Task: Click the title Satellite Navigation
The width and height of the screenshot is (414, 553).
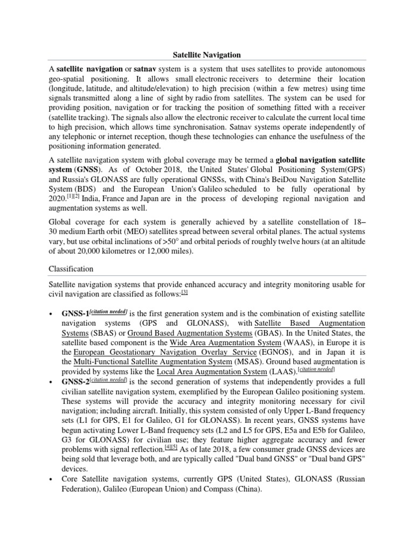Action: click(206, 55)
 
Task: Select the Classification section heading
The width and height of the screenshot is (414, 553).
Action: click(71, 268)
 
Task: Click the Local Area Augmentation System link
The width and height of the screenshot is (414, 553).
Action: click(211, 372)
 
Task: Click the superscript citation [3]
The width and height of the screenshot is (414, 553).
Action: click(184, 292)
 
